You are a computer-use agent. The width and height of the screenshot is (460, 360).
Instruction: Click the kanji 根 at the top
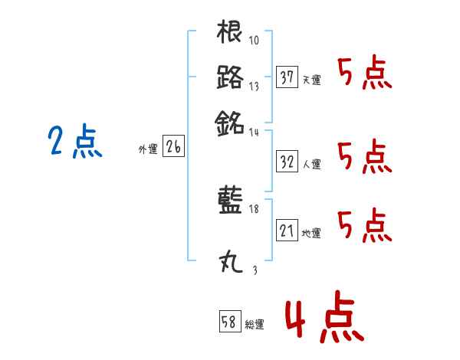pos(230,33)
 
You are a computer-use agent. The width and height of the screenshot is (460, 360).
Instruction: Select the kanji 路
pos(230,77)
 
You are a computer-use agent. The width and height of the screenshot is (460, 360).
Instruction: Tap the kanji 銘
pos(230,121)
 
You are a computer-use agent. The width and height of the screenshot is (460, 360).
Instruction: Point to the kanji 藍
pos(230,201)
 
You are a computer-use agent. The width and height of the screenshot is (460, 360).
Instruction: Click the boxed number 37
pos(287,77)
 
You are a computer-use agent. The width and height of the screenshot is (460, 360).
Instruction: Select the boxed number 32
pos(287,161)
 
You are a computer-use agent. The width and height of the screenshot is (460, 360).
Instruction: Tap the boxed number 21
pos(287,230)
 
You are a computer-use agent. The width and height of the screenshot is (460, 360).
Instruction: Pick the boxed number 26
pos(173,148)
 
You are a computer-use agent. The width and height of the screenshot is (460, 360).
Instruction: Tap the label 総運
pos(255,324)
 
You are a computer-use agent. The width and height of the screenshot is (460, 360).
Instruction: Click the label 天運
pos(312,80)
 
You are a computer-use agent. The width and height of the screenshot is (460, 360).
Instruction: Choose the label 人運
pos(312,164)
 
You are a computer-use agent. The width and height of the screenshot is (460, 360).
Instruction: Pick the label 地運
pos(312,233)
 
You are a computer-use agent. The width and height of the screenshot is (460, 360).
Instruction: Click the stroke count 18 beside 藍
pos(254,209)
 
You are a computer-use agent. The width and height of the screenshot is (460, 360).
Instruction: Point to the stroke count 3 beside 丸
pos(254,270)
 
